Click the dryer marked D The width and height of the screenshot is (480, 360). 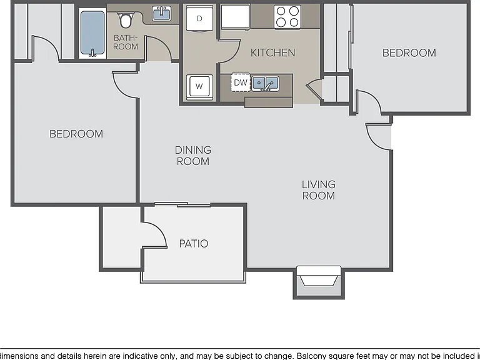199,18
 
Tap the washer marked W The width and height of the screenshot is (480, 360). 199,86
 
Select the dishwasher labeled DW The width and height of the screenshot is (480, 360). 241,82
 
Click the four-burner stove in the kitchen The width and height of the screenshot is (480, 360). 287,17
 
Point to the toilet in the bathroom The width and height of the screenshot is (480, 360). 124,19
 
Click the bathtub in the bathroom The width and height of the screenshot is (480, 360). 92,33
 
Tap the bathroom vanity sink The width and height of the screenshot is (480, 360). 162,14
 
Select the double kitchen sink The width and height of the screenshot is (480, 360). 265,83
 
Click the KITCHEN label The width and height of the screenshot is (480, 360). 272,52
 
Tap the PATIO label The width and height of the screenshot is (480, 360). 194,244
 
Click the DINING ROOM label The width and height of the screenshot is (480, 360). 193,156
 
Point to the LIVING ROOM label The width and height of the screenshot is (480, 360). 319,190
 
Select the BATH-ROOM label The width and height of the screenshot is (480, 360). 126,42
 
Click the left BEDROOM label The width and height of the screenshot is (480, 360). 76,134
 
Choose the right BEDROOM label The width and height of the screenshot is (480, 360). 409,53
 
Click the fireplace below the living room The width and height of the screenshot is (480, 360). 319,282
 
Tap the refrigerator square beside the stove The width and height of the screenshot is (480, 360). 236,16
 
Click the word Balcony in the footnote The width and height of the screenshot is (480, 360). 312,356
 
